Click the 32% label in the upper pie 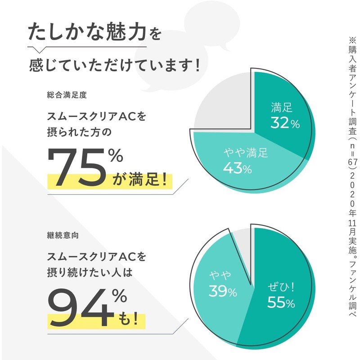(x=285, y=122)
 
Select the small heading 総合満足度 (x=67, y=95)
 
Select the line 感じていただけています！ (x=114, y=65)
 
